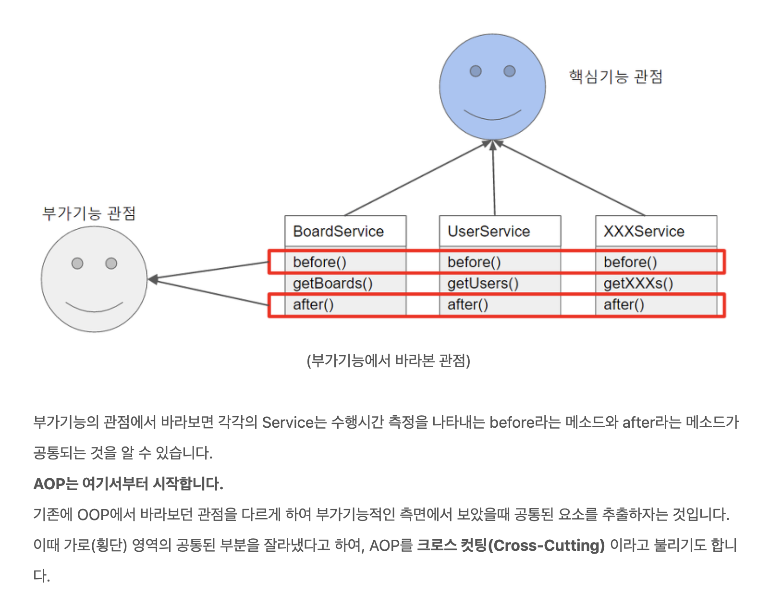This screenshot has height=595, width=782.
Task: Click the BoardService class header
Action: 339,231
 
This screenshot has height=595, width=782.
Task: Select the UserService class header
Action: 489,231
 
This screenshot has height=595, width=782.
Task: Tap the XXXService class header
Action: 644,231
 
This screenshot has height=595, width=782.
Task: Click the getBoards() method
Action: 332,283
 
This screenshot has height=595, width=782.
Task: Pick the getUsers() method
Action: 483,283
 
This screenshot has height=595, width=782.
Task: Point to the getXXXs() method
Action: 638,283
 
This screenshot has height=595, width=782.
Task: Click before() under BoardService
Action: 319,262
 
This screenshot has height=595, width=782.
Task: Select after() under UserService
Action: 467,304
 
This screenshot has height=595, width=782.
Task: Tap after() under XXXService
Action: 623,304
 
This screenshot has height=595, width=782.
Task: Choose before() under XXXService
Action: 630,262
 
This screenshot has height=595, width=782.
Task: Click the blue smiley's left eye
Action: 476,71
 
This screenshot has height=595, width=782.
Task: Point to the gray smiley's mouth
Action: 94,308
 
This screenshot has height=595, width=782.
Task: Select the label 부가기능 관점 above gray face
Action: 89,213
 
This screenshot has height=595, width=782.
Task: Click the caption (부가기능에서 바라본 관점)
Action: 388,360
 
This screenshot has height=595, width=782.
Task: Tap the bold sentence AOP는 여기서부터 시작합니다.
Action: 128,483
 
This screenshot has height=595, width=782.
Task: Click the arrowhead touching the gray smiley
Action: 153,279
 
